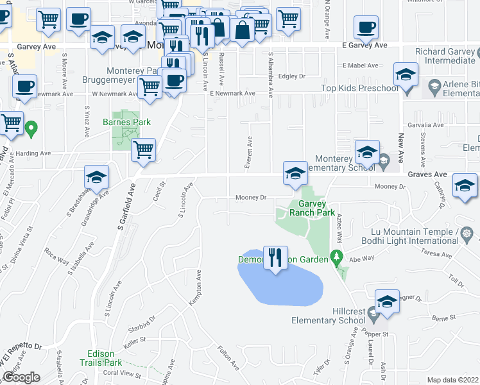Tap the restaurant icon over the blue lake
(x=277, y=258)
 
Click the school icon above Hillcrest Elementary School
(x=387, y=302)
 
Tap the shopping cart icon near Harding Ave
(x=143, y=150)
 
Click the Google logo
(x=21, y=377)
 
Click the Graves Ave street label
(x=427, y=174)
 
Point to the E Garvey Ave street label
(x=364, y=46)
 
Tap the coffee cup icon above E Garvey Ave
(x=366, y=28)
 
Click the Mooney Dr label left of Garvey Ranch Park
(x=250, y=198)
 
